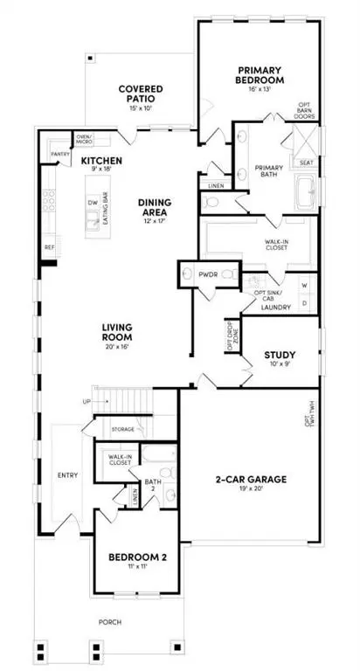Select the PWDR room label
(207, 274)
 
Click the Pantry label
(60, 154)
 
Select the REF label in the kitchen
(50, 247)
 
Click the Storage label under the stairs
(123, 430)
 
